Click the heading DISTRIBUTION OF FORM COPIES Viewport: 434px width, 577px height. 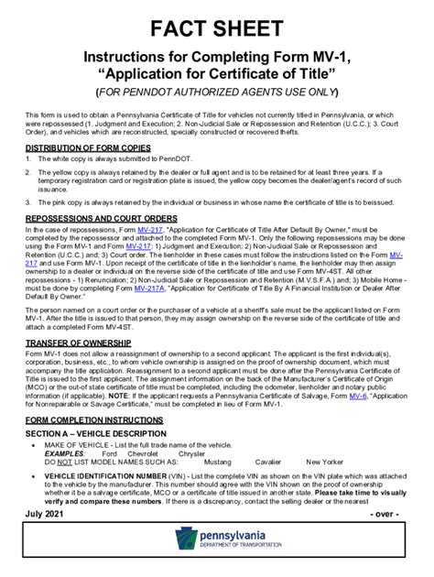coord(89,147)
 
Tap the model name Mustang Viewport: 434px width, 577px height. coord(218,462)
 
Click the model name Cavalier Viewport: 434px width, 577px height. coord(268,462)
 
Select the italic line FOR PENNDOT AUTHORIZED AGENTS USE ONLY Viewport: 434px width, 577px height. coord(216,93)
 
